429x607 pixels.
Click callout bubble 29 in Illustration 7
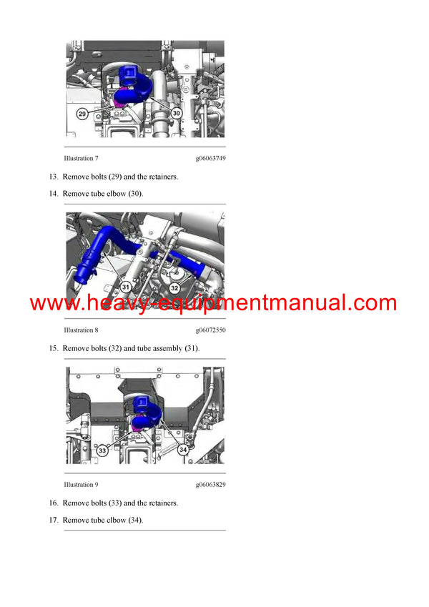(x=82, y=113)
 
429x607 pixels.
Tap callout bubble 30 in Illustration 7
(x=177, y=113)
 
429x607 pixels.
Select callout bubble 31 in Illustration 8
(x=126, y=287)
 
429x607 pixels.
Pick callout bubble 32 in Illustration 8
(x=175, y=287)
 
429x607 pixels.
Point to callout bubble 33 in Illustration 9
(x=103, y=450)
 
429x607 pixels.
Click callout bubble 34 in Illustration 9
(x=183, y=450)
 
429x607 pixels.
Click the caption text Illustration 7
(x=81, y=157)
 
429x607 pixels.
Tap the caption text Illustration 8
(x=81, y=330)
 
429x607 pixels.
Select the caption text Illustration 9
(x=81, y=485)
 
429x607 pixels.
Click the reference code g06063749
(x=210, y=157)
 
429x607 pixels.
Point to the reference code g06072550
(x=210, y=330)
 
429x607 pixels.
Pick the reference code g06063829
(x=210, y=485)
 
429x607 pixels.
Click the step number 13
(x=53, y=177)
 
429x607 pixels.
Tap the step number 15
(x=53, y=348)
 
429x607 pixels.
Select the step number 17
(x=53, y=520)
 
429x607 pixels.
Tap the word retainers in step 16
(x=163, y=503)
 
